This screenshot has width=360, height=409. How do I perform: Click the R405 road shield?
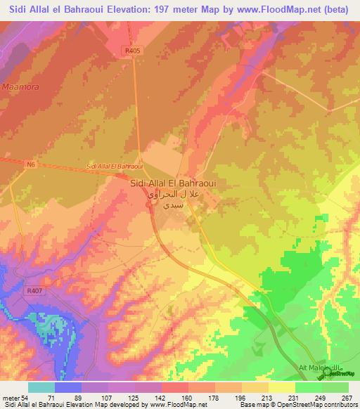[129, 51]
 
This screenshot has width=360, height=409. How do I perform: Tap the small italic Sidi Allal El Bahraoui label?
[114, 166]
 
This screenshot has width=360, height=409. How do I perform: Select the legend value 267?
[347, 398]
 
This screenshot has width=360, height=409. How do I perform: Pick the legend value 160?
[187, 398]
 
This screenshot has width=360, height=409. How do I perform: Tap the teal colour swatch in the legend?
[41, 387]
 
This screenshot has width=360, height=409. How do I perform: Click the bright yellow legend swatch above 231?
[282, 387]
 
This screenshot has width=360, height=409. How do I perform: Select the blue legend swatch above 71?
[68, 387]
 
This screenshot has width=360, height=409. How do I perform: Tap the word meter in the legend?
[12, 398]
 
